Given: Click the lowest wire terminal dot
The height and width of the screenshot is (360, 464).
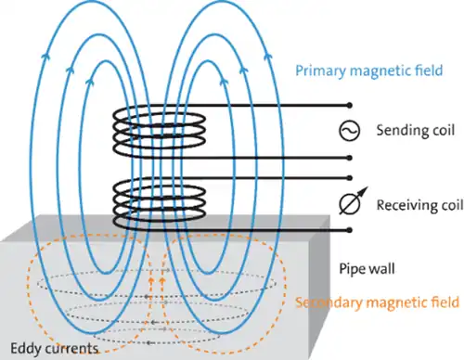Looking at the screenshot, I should click(x=350, y=229).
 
